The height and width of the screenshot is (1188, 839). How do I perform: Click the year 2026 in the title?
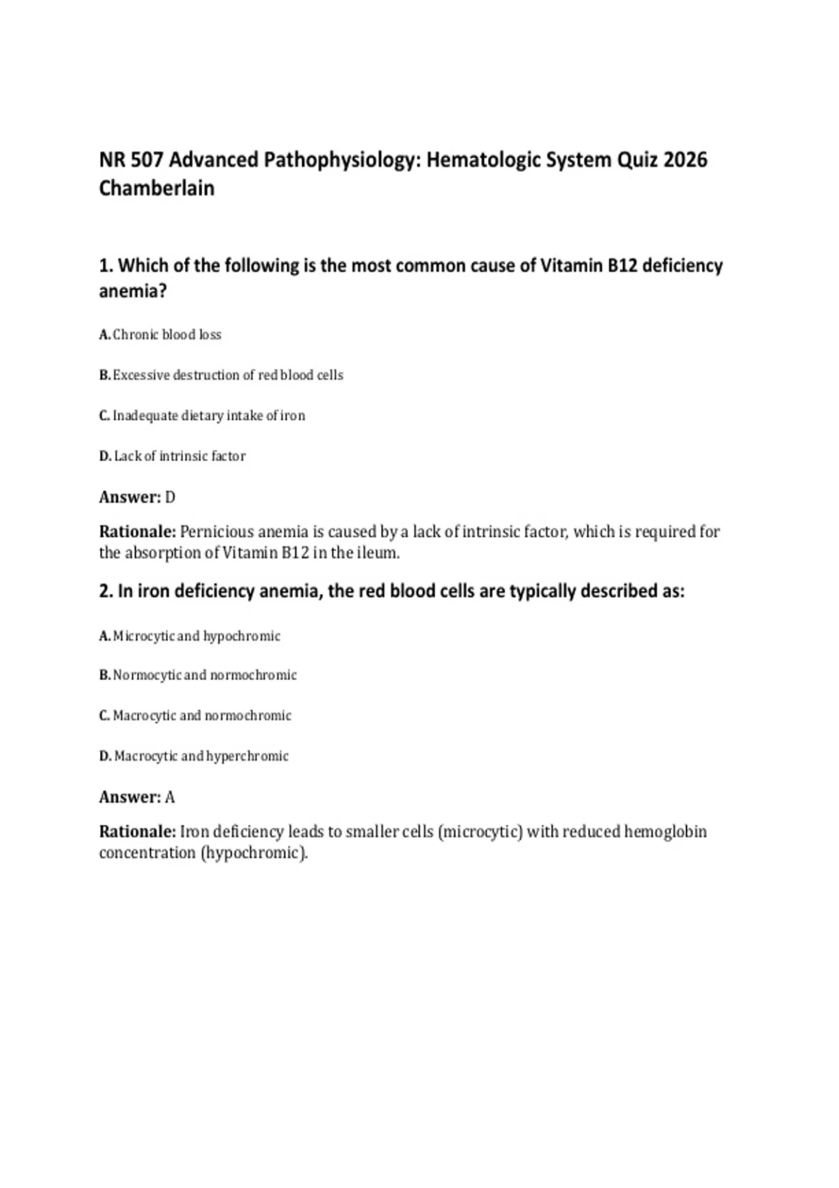click(684, 160)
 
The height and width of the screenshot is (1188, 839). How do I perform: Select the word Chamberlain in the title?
click(157, 189)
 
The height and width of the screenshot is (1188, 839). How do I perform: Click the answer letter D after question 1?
click(170, 498)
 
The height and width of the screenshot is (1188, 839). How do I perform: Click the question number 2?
click(106, 591)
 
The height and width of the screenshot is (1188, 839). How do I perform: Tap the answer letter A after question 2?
click(170, 797)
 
